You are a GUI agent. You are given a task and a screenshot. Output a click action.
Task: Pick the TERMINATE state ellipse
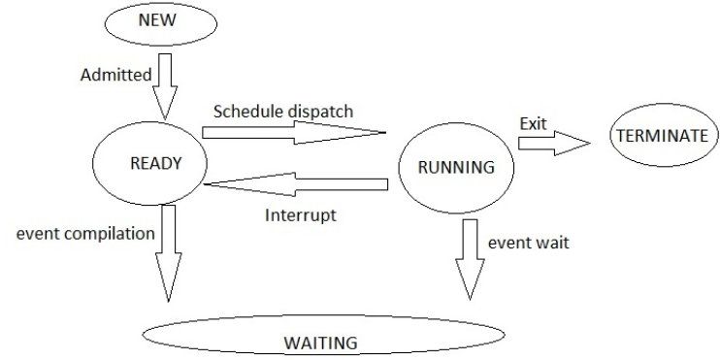(662, 136)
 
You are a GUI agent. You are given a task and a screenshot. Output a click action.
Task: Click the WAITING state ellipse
(320, 341)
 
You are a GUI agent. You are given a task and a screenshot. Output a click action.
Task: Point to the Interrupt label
(300, 213)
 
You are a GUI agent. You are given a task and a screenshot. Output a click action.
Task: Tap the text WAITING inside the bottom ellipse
(320, 343)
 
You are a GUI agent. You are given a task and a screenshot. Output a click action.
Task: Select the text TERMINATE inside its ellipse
(662, 136)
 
